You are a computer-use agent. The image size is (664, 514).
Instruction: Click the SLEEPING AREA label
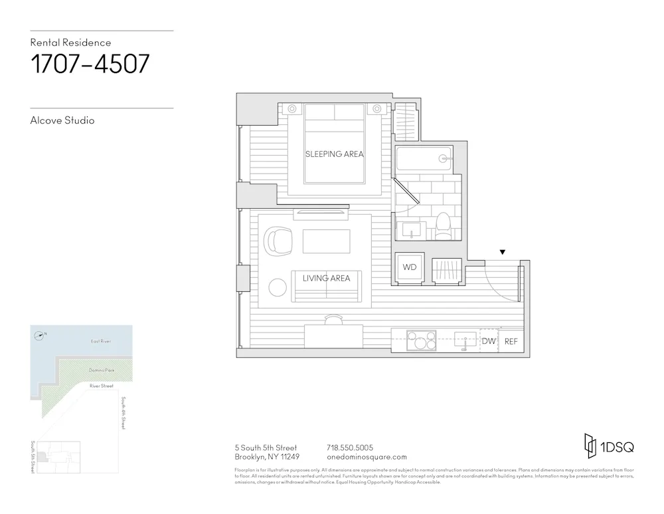pyautogui.click(x=334, y=154)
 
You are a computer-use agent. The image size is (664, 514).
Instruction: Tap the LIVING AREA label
pyautogui.click(x=326, y=278)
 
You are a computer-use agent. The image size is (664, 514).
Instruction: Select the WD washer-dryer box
pyautogui.click(x=410, y=267)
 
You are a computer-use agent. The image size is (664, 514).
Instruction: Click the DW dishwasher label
pyautogui.click(x=489, y=341)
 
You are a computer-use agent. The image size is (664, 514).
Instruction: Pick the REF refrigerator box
pyautogui.click(x=511, y=341)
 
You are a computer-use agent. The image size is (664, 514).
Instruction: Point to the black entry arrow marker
pyautogui.click(x=503, y=252)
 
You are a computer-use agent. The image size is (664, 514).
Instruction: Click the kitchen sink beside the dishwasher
pyautogui.click(x=464, y=341)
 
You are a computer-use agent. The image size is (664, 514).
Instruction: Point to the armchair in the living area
pyautogui.click(x=278, y=240)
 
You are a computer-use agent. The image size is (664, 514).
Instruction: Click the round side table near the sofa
pyautogui.click(x=277, y=287)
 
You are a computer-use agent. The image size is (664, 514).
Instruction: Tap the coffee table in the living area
pyautogui.click(x=326, y=241)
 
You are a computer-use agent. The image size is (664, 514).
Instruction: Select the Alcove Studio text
pyautogui.click(x=62, y=120)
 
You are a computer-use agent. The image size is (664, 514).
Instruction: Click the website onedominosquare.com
pyautogui.click(x=367, y=457)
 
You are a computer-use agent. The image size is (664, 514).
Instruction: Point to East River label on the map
pyautogui.click(x=100, y=341)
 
